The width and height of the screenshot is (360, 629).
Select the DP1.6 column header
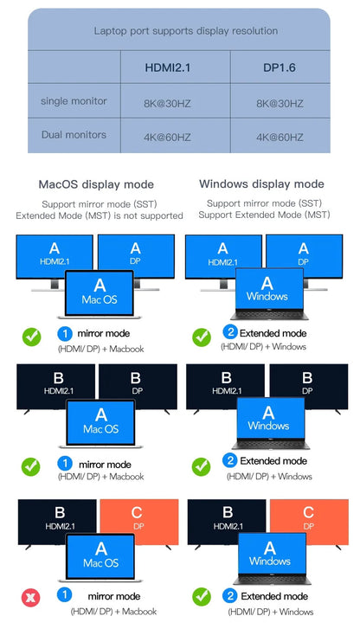[280, 67]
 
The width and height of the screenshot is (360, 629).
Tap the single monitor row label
[74, 101]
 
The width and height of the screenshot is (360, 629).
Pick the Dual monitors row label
[74, 134]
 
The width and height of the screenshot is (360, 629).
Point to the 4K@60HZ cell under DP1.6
[280, 137]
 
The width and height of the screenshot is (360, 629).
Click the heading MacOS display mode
[96, 184]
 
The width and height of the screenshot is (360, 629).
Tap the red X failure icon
[30, 598]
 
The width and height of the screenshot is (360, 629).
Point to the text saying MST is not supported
[100, 215]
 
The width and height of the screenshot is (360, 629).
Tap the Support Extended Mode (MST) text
[268, 215]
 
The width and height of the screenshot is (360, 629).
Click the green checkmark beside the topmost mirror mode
[30, 337]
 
